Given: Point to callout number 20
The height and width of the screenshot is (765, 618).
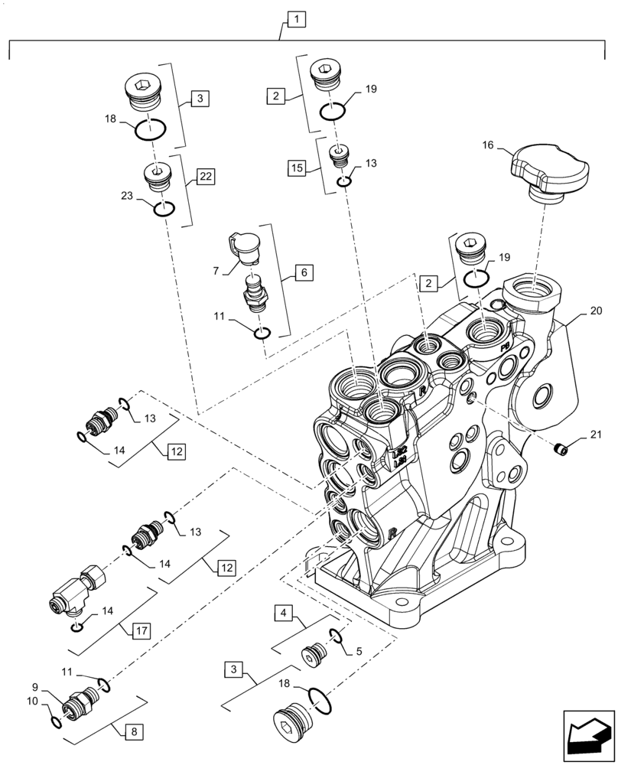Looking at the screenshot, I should click(x=596, y=311).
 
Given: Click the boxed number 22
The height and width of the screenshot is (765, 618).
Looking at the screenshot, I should click(x=205, y=177).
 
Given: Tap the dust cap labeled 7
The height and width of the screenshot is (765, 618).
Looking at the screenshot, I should click(x=245, y=249).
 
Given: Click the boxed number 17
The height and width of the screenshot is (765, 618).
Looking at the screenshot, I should click(x=141, y=631).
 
